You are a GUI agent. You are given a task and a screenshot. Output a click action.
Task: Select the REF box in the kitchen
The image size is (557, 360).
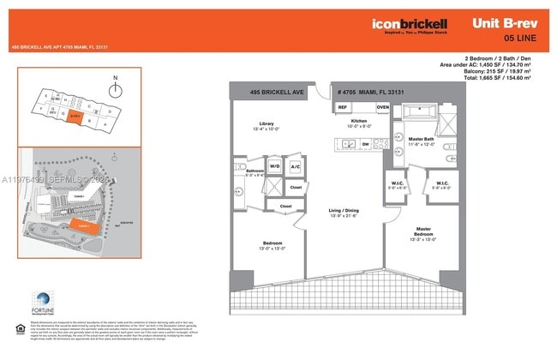point(341,107)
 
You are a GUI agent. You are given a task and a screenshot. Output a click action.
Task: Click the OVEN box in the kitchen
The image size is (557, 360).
point(381,107)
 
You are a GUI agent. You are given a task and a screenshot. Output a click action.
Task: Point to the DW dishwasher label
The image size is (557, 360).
point(366,145)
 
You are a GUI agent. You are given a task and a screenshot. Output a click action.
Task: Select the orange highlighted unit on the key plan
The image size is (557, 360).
point(75,117)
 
